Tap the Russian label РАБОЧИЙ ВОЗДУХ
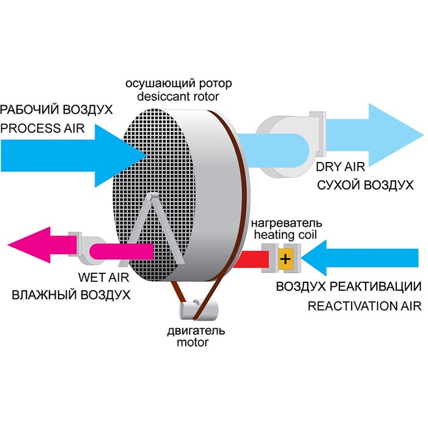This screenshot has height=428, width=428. click(x=57, y=110)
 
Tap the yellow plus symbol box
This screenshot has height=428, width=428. click(x=285, y=258)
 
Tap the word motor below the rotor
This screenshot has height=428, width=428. click(x=193, y=342)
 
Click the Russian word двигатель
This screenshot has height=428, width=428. click(x=193, y=331)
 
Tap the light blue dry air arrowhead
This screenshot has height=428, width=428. click(x=391, y=133)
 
